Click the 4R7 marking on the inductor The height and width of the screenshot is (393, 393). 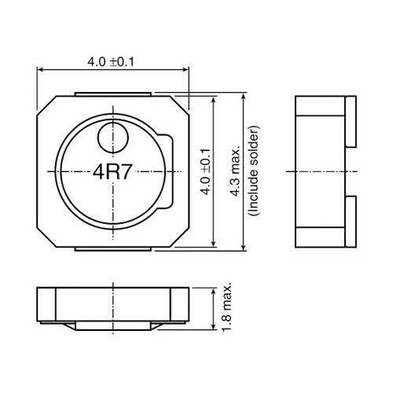coord(112,172)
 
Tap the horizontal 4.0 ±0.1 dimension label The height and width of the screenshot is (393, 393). coord(111,62)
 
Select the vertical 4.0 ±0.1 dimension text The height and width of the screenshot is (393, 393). coord(206,172)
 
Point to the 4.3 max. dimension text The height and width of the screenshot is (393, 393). coord(235,171)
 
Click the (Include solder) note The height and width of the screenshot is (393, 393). coord(254,171)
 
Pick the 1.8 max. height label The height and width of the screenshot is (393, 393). coord(226,307)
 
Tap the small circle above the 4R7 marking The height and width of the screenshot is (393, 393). coord(113,138)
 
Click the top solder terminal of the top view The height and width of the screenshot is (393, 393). coord(113,94)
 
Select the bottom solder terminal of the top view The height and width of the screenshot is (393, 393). coord(113,249)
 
